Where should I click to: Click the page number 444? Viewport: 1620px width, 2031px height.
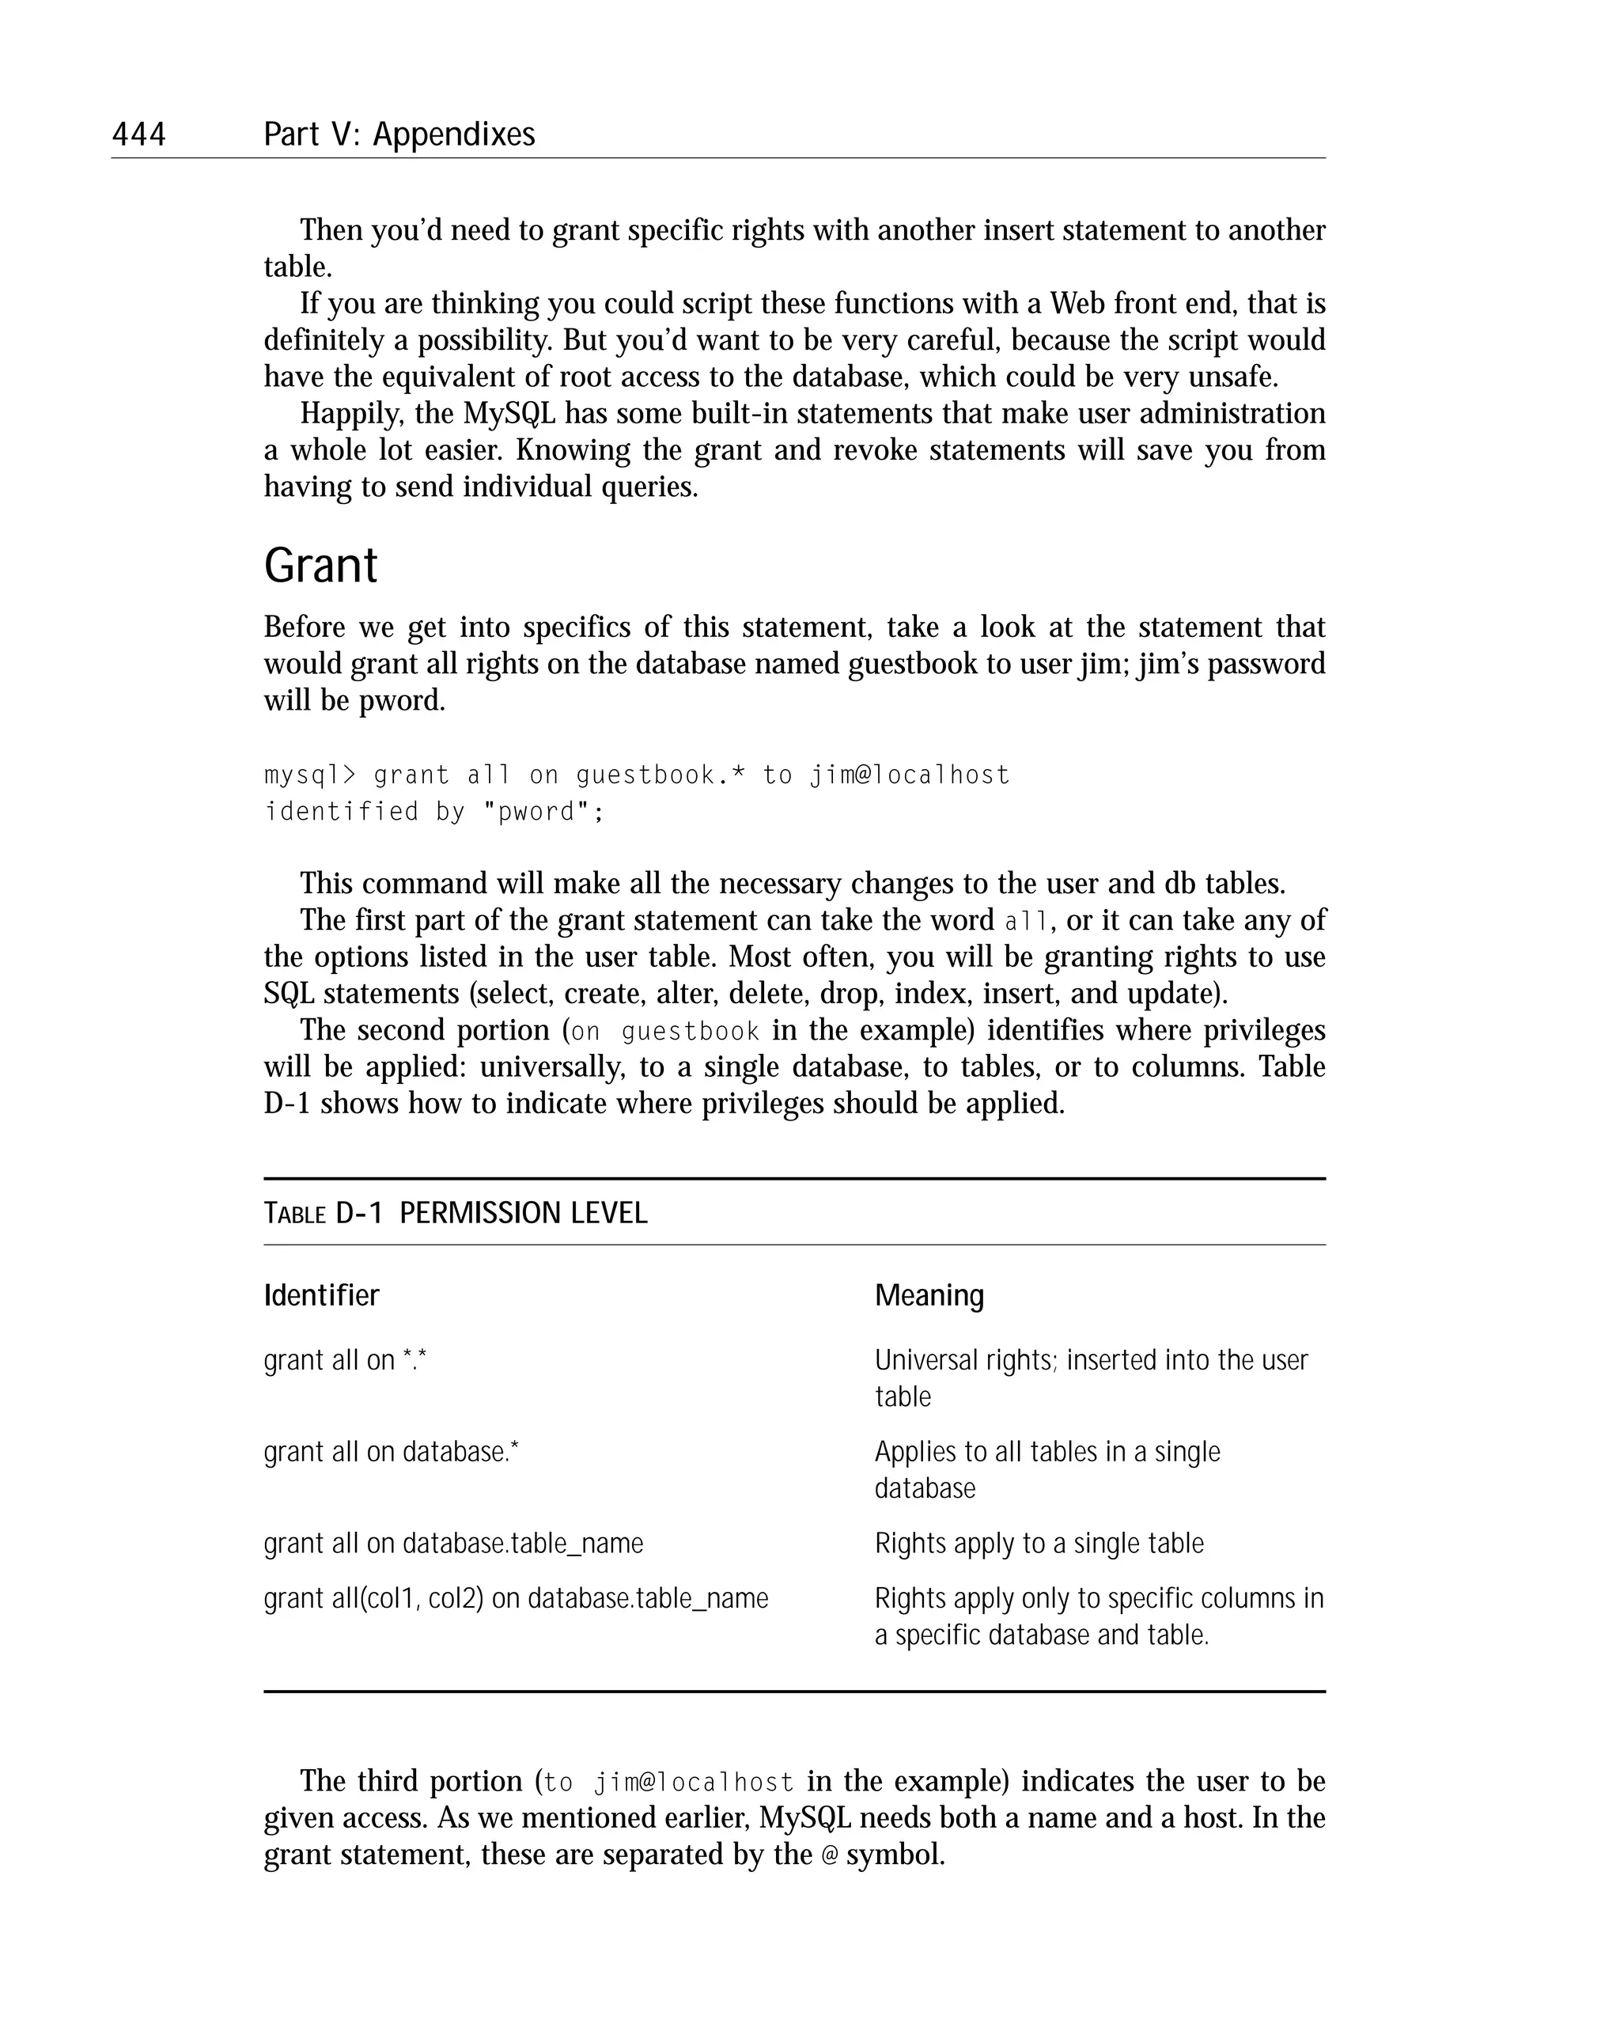[x=138, y=135]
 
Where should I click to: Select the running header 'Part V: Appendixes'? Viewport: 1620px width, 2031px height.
[x=399, y=135]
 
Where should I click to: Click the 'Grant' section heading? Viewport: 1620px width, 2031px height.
[x=320, y=566]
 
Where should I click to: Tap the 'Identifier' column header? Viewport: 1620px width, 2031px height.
[x=321, y=1295]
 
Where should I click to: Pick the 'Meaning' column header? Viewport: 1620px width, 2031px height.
[x=929, y=1295]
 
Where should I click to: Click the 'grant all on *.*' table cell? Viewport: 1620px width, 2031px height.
[x=345, y=1360]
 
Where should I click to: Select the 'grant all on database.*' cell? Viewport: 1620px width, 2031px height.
[x=391, y=1452]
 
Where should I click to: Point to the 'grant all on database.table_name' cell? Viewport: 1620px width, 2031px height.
[x=453, y=1543]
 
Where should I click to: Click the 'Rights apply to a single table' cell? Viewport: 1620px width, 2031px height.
[x=1039, y=1543]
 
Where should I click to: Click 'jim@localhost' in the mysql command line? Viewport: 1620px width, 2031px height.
[x=909, y=775]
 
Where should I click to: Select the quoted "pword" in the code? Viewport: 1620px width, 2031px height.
[x=536, y=812]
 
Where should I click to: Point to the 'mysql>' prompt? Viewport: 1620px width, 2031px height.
[x=311, y=775]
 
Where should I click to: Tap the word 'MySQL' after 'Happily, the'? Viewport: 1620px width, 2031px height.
[x=509, y=414]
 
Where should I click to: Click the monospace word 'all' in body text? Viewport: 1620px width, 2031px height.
[x=1024, y=921]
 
